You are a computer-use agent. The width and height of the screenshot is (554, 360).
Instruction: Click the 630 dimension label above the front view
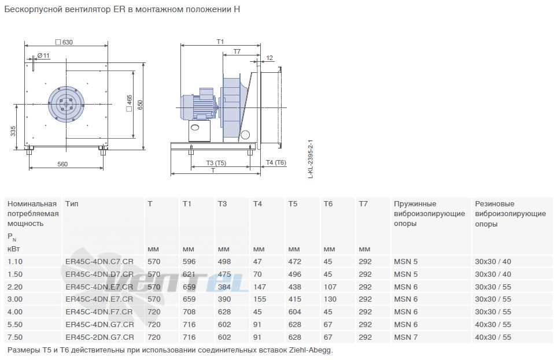click(x=64, y=42)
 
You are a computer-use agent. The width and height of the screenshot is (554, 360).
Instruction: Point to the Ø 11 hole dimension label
click(x=43, y=56)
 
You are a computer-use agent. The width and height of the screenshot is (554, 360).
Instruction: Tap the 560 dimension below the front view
click(x=62, y=164)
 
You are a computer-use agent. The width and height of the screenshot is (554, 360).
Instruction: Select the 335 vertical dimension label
click(x=13, y=131)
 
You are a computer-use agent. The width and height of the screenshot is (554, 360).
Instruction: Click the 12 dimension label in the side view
click(x=269, y=58)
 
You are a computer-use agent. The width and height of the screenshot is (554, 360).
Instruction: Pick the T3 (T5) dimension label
click(x=216, y=163)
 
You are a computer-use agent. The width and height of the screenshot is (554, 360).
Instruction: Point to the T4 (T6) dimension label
click(x=276, y=162)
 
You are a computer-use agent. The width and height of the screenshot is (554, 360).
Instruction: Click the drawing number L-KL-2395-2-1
click(x=311, y=159)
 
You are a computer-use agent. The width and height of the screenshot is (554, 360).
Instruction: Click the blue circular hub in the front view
click(x=66, y=105)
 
